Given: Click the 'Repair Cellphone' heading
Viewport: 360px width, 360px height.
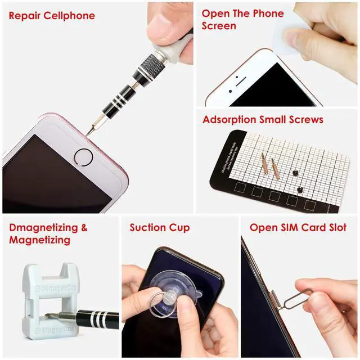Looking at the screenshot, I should (52, 15).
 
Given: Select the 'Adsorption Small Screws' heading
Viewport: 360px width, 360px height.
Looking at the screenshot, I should (263, 120).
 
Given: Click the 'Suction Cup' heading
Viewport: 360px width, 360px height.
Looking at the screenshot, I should (159, 228).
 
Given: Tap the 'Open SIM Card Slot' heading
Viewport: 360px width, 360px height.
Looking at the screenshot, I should (298, 228).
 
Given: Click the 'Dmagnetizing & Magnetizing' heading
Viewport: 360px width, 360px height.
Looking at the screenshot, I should (48, 234).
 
